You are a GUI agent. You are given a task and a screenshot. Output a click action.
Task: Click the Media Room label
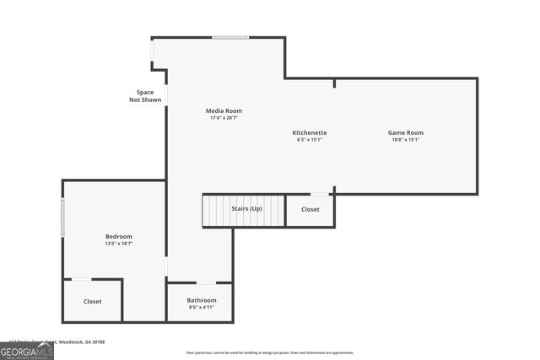[224, 110]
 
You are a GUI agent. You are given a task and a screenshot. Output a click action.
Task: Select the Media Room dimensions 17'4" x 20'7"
[224, 118]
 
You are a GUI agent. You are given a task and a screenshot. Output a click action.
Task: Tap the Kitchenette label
[310, 132]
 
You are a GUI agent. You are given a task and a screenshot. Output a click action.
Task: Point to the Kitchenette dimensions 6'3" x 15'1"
[310, 140]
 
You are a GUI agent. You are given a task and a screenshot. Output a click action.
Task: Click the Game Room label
[405, 132]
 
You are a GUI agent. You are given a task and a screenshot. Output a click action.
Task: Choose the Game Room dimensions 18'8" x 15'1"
[405, 140]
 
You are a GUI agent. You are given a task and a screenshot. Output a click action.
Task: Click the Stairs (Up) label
[246, 208]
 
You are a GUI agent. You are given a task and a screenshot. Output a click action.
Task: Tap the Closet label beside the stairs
[310, 209]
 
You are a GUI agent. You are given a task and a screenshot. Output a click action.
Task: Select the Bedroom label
[118, 236]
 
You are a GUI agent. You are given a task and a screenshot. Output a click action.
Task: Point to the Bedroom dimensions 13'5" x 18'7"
[118, 244]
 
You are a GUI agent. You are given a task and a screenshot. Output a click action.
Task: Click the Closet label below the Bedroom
[92, 301]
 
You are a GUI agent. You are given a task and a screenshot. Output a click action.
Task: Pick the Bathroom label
[202, 300]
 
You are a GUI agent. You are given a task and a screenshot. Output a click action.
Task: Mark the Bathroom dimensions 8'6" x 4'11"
[202, 308]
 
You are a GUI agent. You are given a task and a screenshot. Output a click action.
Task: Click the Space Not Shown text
[145, 96]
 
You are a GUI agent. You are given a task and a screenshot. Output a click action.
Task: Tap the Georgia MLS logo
[26, 351]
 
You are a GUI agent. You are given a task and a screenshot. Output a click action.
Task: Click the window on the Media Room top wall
[230, 37]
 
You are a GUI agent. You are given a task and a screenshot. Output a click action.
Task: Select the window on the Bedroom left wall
[62, 218]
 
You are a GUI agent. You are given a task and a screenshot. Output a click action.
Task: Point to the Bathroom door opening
[206, 282]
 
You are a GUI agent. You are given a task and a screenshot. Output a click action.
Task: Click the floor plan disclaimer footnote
[270, 352]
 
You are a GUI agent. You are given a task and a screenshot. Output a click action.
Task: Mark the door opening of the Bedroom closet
[81, 279]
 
